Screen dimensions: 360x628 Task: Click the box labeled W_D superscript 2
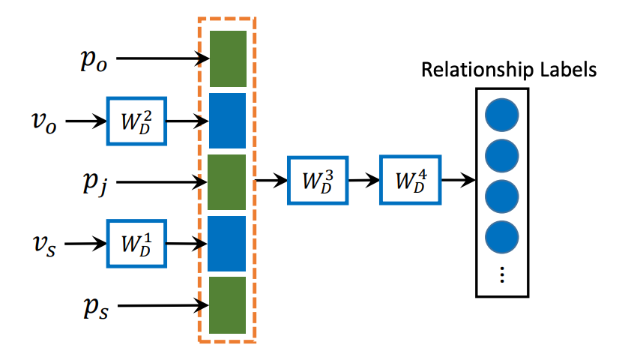(x=136, y=121)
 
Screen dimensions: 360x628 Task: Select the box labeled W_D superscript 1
(x=136, y=244)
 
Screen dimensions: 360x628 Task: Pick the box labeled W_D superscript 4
(x=409, y=181)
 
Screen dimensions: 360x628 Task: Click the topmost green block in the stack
(x=228, y=58)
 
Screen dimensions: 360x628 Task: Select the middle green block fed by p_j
(x=228, y=181)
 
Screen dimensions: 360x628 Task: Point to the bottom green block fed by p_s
(x=228, y=305)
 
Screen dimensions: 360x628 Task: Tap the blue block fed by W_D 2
(x=228, y=120)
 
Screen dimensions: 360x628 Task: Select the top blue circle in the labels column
(x=501, y=115)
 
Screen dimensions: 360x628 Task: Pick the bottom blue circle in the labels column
(x=501, y=238)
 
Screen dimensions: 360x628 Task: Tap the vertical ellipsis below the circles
(x=501, y=274)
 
